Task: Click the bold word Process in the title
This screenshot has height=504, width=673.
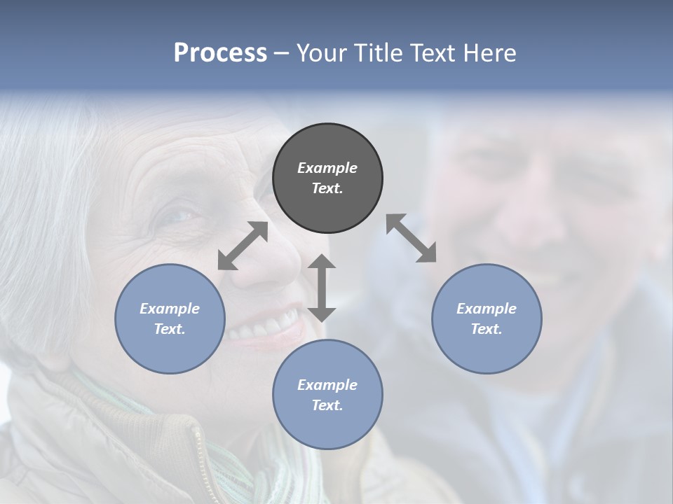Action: click(x=220, y=53)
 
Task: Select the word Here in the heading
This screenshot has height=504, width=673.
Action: click(x=490, y=53)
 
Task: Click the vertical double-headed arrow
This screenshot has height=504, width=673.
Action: click(x=322, y=288)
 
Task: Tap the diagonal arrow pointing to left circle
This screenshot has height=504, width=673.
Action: click(x=243, y=246)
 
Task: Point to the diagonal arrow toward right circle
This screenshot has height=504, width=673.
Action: click(x=411, y=238)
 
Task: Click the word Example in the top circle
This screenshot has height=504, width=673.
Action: click(x=327, y=168)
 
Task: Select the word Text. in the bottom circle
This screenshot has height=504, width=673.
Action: click(x=327, y=405)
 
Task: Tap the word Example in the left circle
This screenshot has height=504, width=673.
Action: click(x=170, y=309)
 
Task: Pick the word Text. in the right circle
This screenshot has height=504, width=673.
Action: click(x=487, y=329)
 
